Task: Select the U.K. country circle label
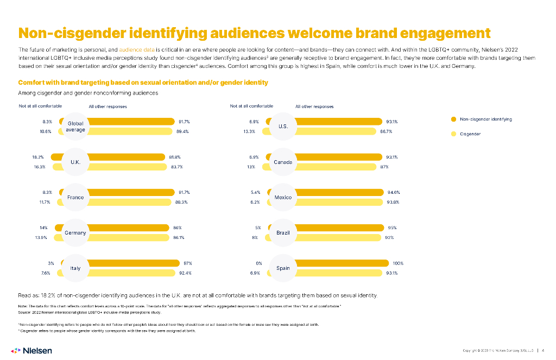click(x=75, y=162)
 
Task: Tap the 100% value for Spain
click(x=398, y=263)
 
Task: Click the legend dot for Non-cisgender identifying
click(x=453, y=119)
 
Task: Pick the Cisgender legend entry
click(x=470, y=134)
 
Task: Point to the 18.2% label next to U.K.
click(x=38, y=157)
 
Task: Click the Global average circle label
click(x=75, y=127)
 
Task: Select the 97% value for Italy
click(x=188, y=263)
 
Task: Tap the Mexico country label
click(x=283, y=197)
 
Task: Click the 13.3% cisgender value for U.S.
click(x=249, y=131)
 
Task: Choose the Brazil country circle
click(x=283, y=232)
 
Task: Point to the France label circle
click(x=75, y=197)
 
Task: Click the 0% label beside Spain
click(x=259, y=263)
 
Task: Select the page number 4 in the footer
click(x=544, y=350)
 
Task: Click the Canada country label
click(x=283, y=162)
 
